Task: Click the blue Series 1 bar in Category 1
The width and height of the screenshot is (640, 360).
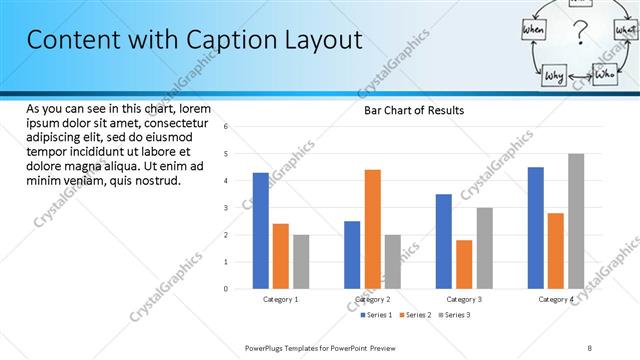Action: [x=261, y=231]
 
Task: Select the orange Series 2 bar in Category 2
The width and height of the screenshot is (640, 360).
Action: [x=372, y=229]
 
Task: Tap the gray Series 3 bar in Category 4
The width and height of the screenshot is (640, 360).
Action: [x=576, y=221]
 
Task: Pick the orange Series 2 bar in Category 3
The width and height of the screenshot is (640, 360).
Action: [x=464, y=264]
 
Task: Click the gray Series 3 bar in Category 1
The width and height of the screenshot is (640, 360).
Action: [x=301, y=262]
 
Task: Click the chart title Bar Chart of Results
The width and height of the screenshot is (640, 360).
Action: [x=413, y=110]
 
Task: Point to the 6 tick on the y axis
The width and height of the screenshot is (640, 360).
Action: [x=227, y=127]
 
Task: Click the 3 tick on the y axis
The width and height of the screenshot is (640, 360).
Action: [x=227, y=208]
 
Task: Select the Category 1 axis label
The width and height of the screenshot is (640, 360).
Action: [x=281, y=299]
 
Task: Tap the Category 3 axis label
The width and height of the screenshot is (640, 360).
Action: [x=464, y=299]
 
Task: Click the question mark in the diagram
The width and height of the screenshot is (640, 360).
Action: [x=577, y=40]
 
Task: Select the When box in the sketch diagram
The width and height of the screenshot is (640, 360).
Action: [x=533, y=32]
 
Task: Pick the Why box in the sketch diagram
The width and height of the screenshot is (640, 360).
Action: [x=555, y=75]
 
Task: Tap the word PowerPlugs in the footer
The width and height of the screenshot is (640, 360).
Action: [x=265, y=347]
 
